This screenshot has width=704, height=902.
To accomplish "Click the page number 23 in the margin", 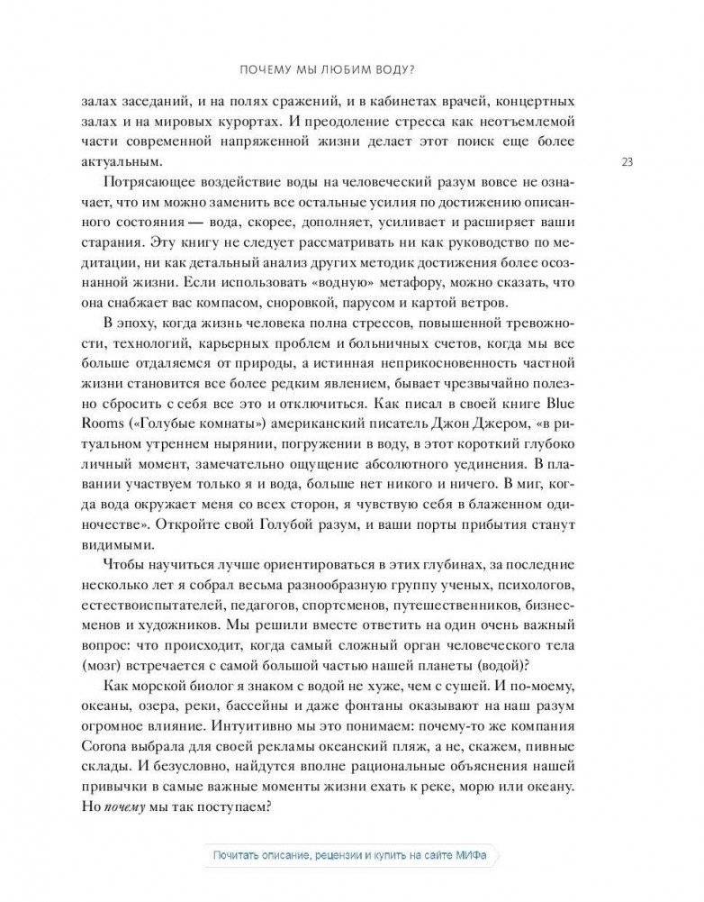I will pos(628,162).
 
